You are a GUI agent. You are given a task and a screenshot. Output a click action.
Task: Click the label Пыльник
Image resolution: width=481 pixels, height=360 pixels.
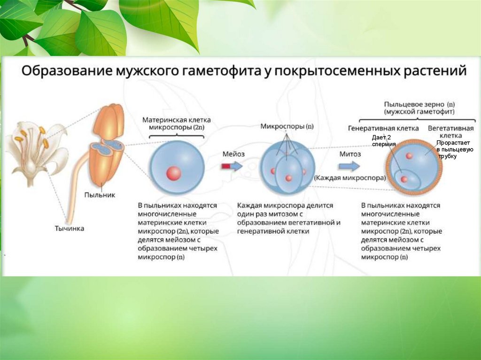point(100,194)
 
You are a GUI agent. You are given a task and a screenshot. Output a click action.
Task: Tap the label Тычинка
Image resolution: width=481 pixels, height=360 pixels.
point(70,229)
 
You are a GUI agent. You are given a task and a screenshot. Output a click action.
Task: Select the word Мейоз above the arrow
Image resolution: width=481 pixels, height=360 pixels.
point(234,154)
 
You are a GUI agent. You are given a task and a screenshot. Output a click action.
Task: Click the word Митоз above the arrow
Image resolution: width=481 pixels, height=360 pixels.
point(350,154)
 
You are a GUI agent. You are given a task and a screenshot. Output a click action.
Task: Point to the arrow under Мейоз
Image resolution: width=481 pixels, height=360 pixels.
point(232,166)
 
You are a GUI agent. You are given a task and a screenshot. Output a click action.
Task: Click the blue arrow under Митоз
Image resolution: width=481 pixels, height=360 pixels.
point(349,166)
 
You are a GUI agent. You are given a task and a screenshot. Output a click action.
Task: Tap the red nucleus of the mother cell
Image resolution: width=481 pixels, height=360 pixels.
point(173,173)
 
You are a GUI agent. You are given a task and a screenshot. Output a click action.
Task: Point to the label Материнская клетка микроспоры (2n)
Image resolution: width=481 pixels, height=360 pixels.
point(176,123)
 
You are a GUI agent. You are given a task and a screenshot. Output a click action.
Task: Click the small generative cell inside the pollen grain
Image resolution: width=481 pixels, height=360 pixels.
point(404,178)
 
